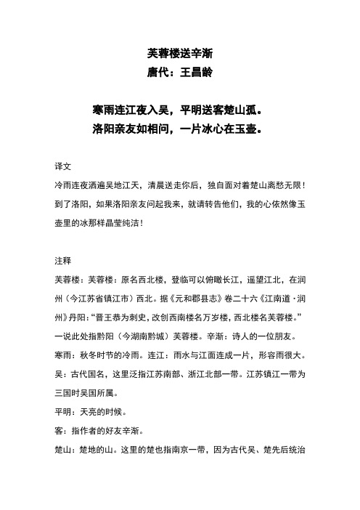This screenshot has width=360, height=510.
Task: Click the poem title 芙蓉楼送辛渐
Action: pos(179,53)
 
